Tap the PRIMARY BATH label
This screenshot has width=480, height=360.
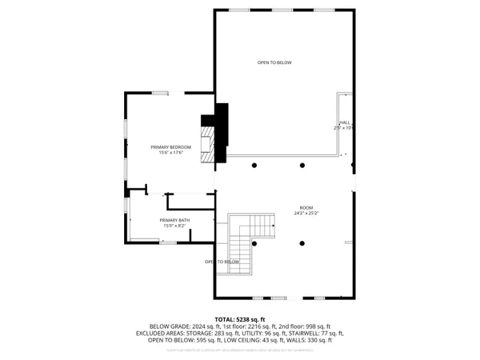[174, 219]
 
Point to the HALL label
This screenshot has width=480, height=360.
[346, 122]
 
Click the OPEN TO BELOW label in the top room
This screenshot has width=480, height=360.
[274, 62]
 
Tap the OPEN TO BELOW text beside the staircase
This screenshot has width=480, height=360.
[222, 262]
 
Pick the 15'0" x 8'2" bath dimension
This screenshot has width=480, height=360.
[174, 226]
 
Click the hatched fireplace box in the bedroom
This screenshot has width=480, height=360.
[208, 145]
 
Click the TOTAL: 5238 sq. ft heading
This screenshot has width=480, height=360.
[239, 320]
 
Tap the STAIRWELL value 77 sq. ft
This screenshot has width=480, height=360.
[330, 334]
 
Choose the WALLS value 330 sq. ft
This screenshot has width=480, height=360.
[316, 340]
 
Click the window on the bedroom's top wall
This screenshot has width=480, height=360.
[161, 93]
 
